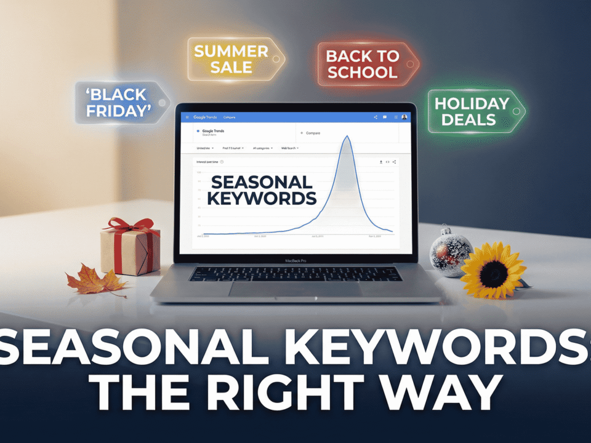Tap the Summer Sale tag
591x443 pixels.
231,59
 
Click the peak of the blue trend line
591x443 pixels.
347,137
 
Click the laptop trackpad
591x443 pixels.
294,289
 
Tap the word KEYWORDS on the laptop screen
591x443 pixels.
261,198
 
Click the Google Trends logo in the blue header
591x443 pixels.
205,117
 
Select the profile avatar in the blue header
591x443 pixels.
404,117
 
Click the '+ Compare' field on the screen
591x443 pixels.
314,133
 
